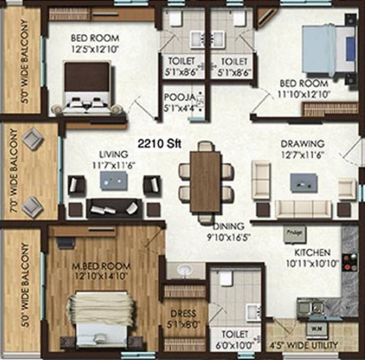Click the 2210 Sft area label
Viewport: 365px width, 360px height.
point(159,143)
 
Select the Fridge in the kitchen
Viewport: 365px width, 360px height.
point(295,233)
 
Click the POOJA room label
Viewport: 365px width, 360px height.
point(179,97)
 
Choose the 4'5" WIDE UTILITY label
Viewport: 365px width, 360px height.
point(304,345)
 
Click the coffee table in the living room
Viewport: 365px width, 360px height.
point(113,180)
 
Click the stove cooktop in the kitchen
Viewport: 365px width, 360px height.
point(349,262)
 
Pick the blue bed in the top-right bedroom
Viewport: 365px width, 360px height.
point(328,49)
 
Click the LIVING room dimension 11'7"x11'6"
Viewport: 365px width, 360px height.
point(113,164)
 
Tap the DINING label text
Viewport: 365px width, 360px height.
point(229,225)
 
